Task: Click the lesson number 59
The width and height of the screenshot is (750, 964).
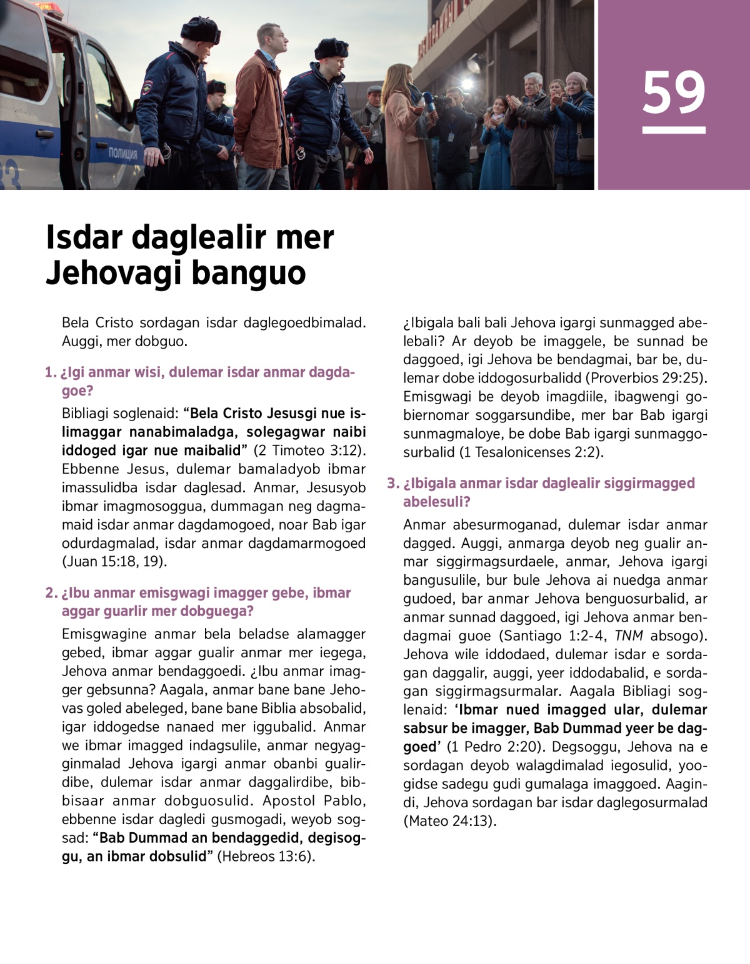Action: coord(674,92)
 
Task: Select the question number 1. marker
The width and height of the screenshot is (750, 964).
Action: coord(51,373)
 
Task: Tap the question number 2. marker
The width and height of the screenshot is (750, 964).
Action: coord(51,593)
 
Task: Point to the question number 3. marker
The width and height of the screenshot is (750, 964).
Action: coord(392,484)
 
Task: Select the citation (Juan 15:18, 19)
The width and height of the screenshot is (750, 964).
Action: coord(114,562)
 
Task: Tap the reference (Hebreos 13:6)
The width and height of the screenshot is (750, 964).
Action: coord(266,857)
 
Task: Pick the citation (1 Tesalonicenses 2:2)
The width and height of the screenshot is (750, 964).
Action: coord(531,452)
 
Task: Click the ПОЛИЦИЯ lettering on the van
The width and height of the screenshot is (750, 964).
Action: coord(122,154)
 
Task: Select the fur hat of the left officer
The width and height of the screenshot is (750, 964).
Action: coord(200,29)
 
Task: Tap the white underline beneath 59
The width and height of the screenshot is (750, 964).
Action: coord(674,131)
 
